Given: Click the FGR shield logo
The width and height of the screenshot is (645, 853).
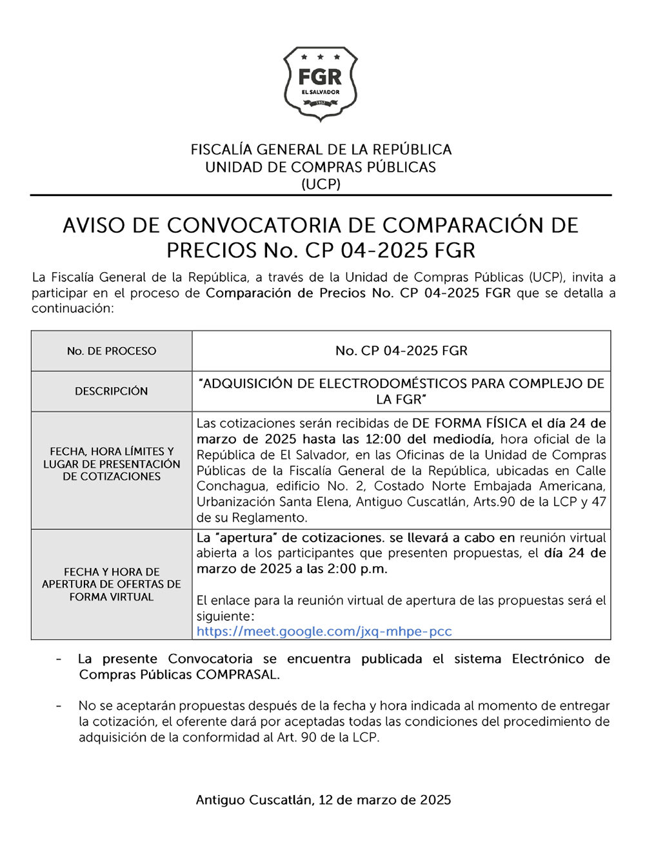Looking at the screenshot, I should pos(321,83).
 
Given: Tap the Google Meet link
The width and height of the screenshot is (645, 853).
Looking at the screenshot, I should pos(324,631).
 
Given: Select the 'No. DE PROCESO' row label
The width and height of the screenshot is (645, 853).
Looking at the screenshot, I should pos(112,351).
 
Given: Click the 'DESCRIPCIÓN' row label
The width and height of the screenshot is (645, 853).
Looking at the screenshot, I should pos(112,391).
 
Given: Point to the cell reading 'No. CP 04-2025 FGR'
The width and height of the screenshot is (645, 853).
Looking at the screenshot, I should pos(401,351).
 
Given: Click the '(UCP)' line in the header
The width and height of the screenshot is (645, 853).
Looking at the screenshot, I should pos(321,184).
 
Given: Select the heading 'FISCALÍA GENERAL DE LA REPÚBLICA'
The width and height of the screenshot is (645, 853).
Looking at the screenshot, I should pos(321,150).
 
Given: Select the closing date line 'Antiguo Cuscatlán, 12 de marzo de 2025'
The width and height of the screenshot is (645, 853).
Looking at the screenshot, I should pos(323,800).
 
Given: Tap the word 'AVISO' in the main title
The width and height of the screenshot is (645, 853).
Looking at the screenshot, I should pos(94,226).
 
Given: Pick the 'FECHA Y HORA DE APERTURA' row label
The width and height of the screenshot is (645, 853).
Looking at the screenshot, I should pos(112,584).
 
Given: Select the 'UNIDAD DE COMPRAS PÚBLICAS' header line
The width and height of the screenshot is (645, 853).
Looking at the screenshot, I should pos(321,167).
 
